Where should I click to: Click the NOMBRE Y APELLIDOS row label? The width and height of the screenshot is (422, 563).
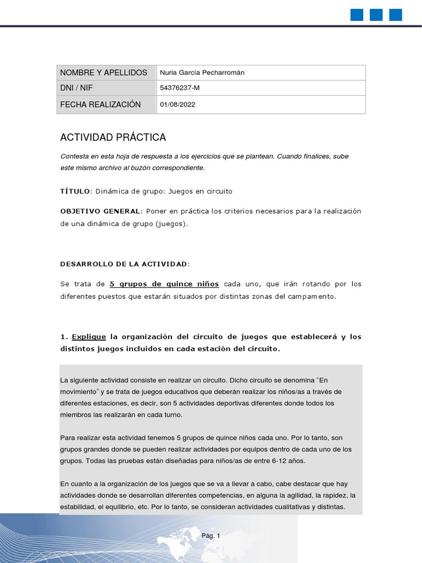[x=103, y=73]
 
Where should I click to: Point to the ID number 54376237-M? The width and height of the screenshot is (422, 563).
[x=176, y=88]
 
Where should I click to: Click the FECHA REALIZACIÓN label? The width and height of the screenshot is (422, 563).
[x=100, y=104]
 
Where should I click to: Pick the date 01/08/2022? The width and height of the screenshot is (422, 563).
[x=177, y=104]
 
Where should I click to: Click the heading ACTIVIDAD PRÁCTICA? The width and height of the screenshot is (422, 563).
[x=113, y=137]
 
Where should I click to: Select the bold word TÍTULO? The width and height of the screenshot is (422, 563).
[x=74, y=191]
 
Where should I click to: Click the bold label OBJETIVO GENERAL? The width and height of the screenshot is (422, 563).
[x=101, y=211]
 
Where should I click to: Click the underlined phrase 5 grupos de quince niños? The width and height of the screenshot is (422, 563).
[x=164, y=284]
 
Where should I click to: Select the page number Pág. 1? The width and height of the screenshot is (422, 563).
[x=210, y=536]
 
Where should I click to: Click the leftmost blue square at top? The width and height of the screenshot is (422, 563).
[x=357, y=15]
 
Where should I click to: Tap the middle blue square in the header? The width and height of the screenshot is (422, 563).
[x=376, y=15]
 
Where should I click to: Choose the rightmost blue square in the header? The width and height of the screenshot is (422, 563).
[x=396, y=15]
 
